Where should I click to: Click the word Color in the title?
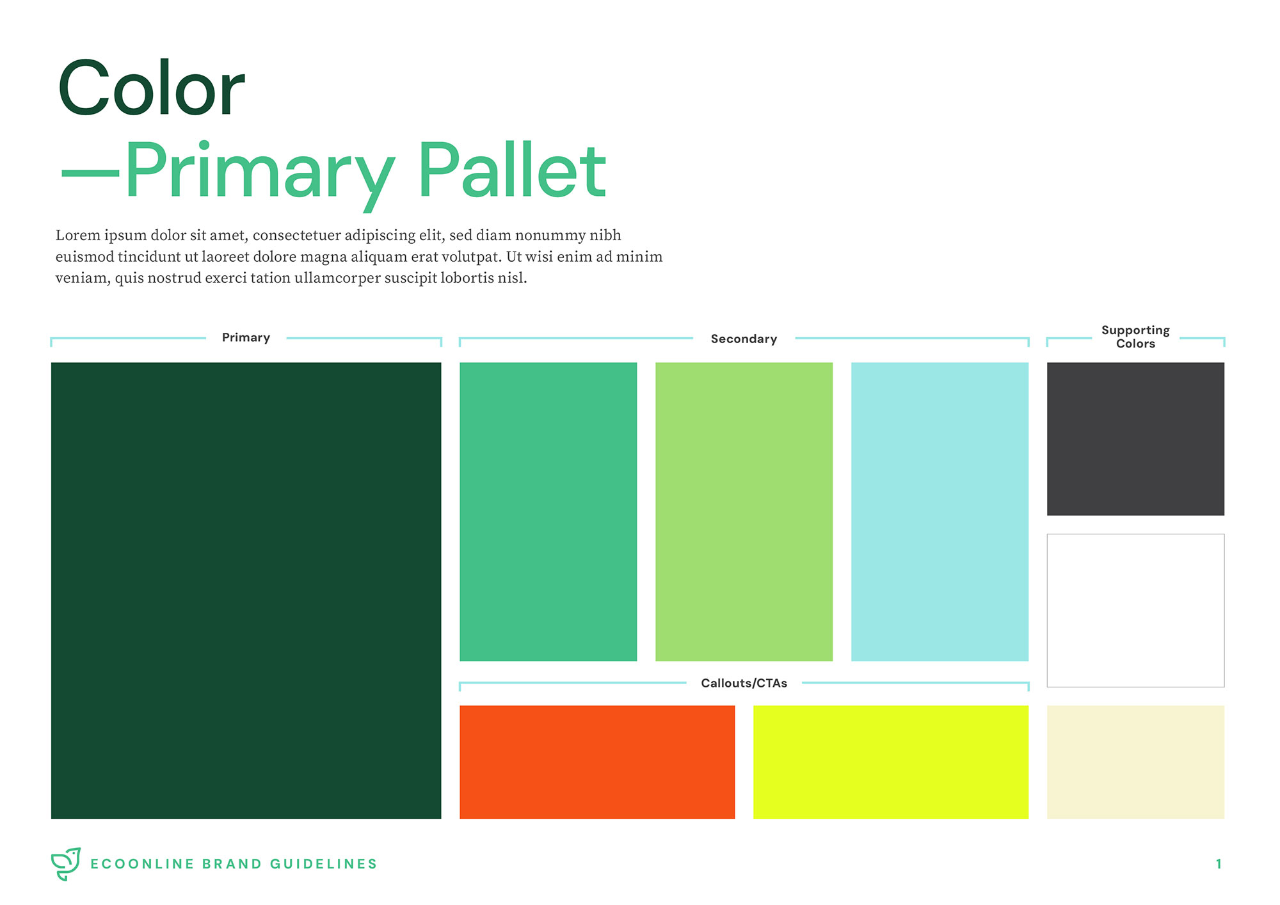[152, 88]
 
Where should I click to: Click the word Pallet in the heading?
[512, 170]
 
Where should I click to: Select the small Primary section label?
[246, 337]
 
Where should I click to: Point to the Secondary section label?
[744, 339]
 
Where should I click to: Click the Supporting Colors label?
[1135, 337]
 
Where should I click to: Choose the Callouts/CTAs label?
[744, 683]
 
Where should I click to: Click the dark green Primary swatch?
[246, 590]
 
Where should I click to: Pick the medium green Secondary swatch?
[548, 511]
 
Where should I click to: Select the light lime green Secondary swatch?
[744, 511]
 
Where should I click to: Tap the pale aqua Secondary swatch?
[940, 511]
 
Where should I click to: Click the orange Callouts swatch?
[597, 762]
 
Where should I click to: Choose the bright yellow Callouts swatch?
[891, 762]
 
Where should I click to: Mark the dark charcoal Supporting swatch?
[1135, 438]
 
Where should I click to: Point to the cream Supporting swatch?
[1135, 762]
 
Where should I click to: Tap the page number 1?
[1219, 864]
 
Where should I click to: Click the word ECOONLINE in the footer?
[142, 864]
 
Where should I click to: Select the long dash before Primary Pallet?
[90, 173]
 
